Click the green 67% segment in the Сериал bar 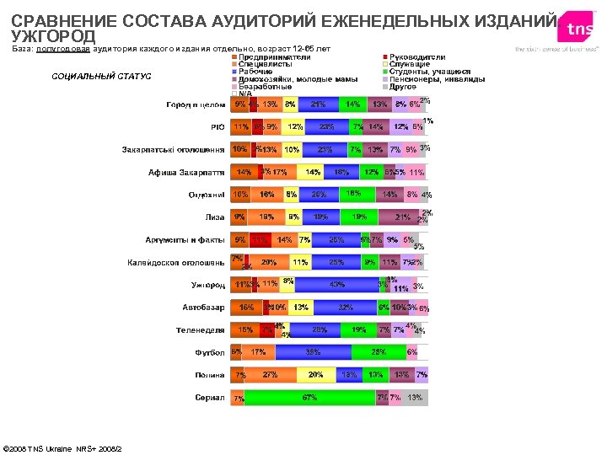coord(309,397)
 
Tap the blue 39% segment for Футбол coord(314,351)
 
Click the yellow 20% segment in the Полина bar coord(316,374)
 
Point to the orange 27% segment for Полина coord(270,374)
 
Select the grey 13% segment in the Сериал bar coord(415,397)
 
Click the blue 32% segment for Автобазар coord(346,307)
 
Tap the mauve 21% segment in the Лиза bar coord(403,217)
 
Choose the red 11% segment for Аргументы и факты coord(260,239)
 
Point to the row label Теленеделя coord(200,329)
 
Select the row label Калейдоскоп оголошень coord(175,262)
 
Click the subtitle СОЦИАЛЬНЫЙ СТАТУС coord(101,77)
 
